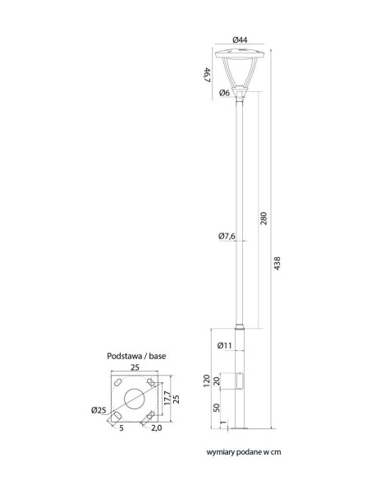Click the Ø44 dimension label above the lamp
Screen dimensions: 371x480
240,39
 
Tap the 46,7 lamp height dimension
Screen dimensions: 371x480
207,75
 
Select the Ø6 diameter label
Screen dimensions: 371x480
225,92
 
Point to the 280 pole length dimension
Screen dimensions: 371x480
263,219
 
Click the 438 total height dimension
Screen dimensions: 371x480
277,263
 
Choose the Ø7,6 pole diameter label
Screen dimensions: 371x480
227,236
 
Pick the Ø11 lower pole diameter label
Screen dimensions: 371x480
225,345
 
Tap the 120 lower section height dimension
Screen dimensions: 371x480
207,381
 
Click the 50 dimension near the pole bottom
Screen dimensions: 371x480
217,408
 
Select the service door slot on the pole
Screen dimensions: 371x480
240,381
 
